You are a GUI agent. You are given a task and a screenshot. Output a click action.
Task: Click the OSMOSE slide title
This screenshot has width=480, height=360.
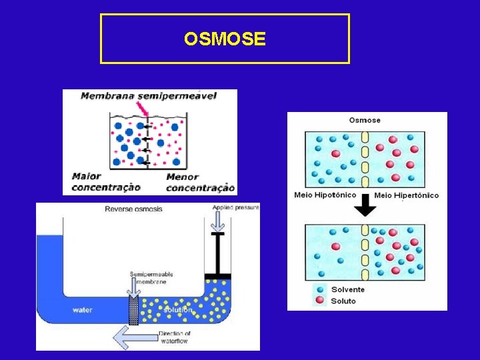pos(225,39)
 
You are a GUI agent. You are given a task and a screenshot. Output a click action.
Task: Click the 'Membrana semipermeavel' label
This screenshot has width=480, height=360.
pos(149,96)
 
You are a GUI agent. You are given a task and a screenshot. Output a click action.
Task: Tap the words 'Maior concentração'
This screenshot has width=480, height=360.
pos(106,182)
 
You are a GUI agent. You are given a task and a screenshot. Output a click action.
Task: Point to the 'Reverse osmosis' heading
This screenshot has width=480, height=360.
pos(133,209)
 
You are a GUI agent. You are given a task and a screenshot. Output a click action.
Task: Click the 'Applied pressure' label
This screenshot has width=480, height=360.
pos(236,208)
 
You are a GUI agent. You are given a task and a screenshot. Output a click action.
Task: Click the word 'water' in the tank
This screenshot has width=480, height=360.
pos(83,310)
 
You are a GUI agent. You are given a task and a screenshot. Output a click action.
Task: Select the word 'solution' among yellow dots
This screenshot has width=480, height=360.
pos(177,310)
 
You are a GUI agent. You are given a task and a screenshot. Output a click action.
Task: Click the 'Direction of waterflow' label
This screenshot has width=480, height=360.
pos(175,337)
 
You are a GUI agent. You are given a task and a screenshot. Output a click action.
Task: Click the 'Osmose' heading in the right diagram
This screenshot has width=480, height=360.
pos(365,120)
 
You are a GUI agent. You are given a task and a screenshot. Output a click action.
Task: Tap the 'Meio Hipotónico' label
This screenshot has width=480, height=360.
pos(325,195)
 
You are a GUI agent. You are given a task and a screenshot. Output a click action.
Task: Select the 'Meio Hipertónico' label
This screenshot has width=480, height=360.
pos(407,195)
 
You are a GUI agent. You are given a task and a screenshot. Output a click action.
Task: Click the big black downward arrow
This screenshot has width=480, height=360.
pos(365,208)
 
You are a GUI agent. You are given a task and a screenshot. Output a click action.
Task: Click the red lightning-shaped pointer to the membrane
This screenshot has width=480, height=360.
pos(141,109)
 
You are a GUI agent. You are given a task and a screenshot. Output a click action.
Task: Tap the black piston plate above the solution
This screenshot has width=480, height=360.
pos(217,276)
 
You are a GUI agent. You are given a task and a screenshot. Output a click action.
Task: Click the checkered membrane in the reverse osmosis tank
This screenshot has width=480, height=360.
pos(133,311)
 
